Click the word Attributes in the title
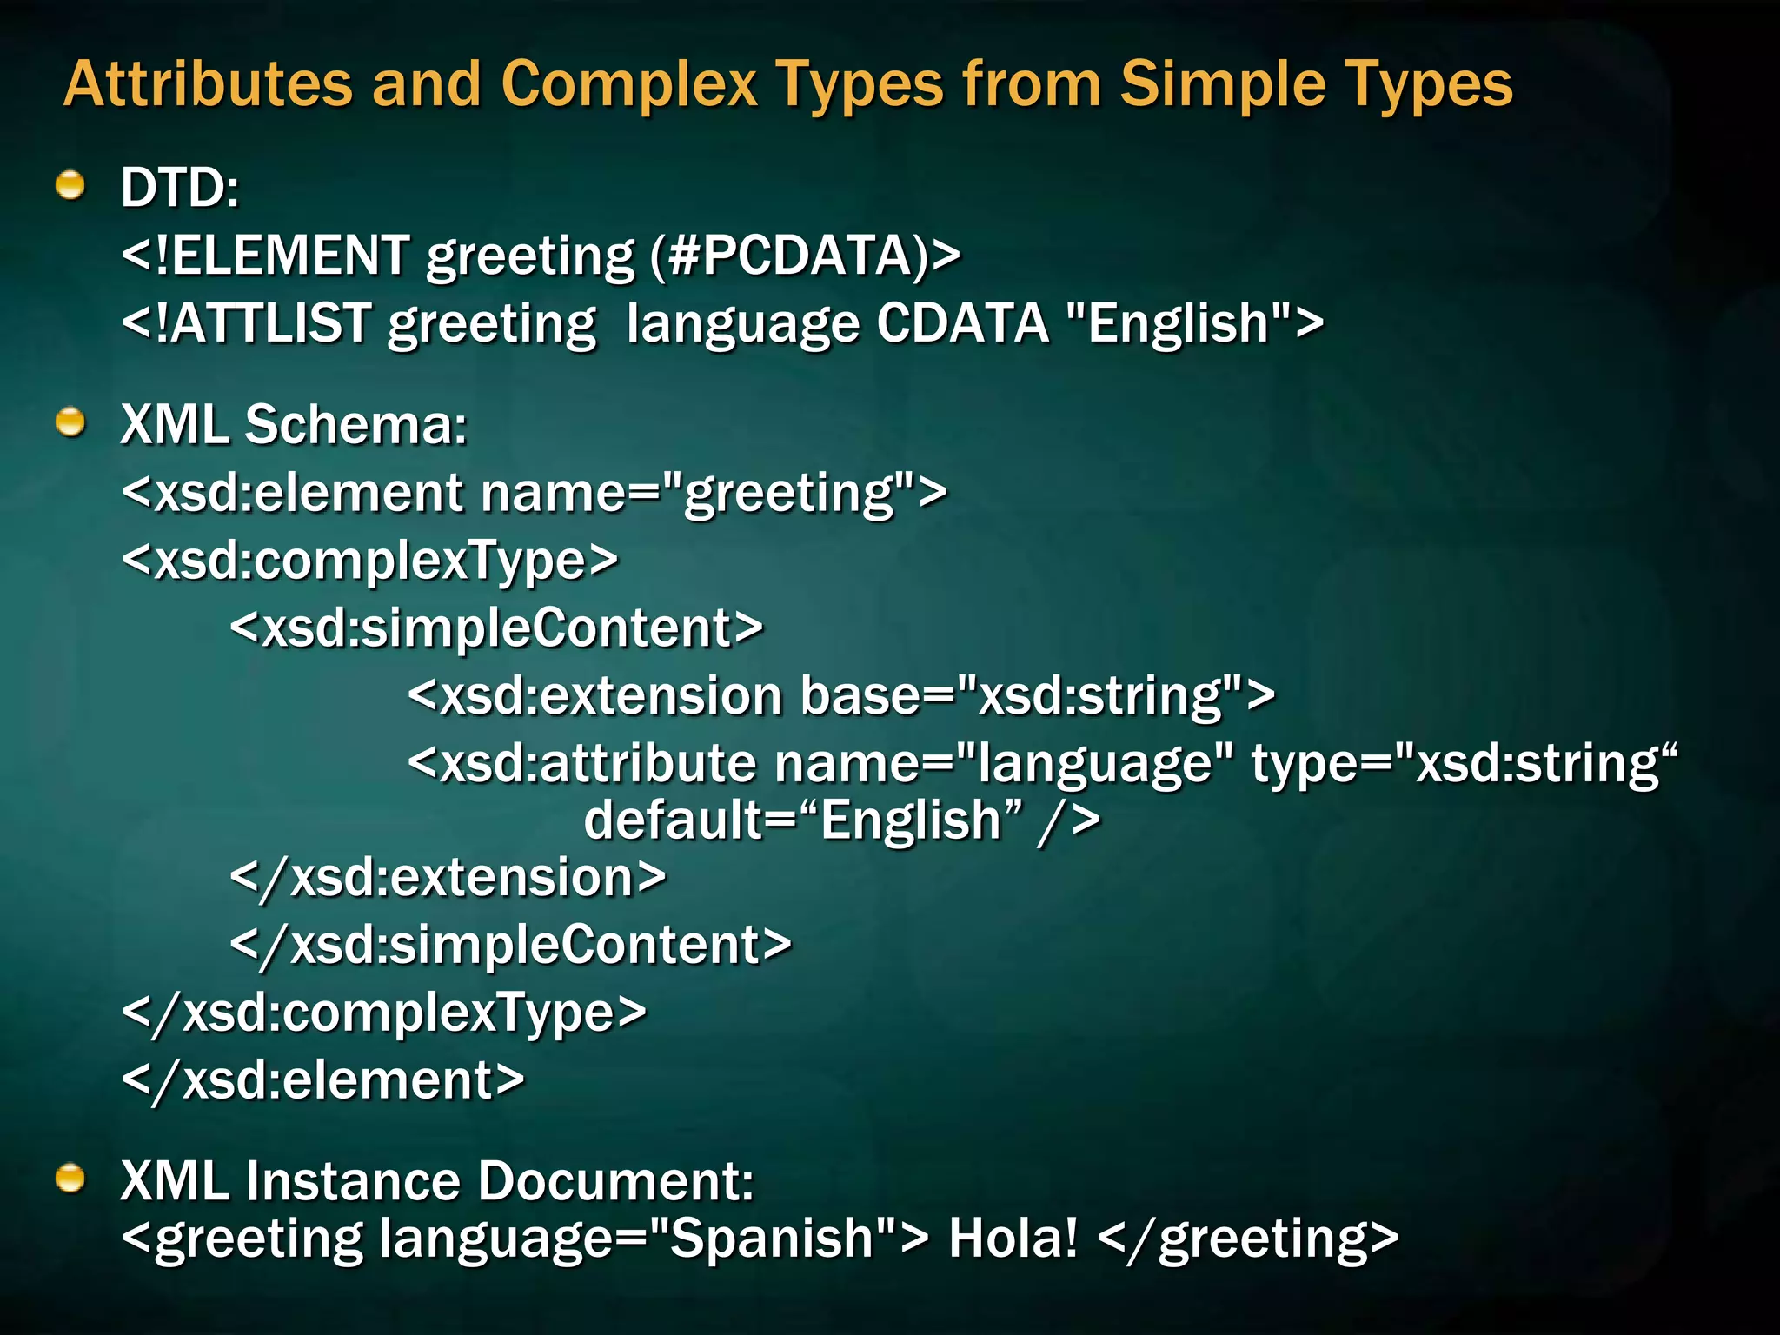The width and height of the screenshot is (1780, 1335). point(208,84)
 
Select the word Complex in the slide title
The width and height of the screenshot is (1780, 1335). point(629,84)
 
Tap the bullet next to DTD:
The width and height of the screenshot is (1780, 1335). point(70,185)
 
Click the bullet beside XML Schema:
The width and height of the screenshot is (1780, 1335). point(70,422)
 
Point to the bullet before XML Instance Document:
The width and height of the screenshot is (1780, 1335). point(70,1179)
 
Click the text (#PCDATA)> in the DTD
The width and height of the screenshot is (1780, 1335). point(805,256)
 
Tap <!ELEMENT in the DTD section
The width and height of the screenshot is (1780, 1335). point(266,256)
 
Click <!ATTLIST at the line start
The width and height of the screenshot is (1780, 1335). point(247,323)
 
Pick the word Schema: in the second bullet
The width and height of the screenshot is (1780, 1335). point(356,425)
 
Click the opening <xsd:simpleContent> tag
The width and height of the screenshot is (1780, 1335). point(496,628)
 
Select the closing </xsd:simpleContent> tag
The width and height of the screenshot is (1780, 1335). point(511,945)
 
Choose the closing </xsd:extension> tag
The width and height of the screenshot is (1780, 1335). point(448,877)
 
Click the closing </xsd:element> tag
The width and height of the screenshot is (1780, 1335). point(323,1080)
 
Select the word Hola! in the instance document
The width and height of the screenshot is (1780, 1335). point(1013,1238)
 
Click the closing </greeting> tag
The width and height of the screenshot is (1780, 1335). point(1248,1238)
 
